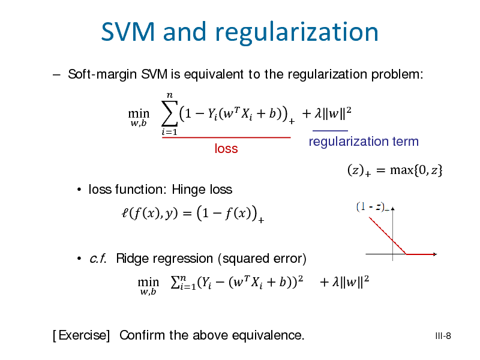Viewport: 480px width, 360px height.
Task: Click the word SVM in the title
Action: pos(128,32)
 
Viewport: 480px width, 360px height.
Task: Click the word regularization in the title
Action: pos(297,33)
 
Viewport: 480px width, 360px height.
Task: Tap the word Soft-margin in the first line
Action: pos(102,74)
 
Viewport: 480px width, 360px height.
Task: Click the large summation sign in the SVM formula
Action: pos(170,113)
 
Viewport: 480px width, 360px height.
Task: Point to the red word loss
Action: pos(226,148)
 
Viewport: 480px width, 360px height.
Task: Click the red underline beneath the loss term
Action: pos(226,138)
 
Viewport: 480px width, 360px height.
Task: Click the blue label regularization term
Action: pos(364,142)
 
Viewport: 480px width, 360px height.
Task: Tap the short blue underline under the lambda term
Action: pos(330,131)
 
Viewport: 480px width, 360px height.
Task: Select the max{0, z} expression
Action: pos(416,170)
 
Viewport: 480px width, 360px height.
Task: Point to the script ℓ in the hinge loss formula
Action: pos(125,212)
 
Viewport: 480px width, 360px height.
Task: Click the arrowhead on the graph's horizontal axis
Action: pos(435,254)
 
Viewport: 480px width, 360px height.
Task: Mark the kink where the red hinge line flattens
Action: pos(406,254)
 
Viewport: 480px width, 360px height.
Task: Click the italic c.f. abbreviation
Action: pos(98,259)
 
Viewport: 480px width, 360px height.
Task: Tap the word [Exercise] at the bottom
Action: pos(81,335)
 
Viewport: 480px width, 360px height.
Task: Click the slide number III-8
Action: pos(443,336)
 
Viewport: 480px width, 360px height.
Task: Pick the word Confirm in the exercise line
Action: pos(142,335)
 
